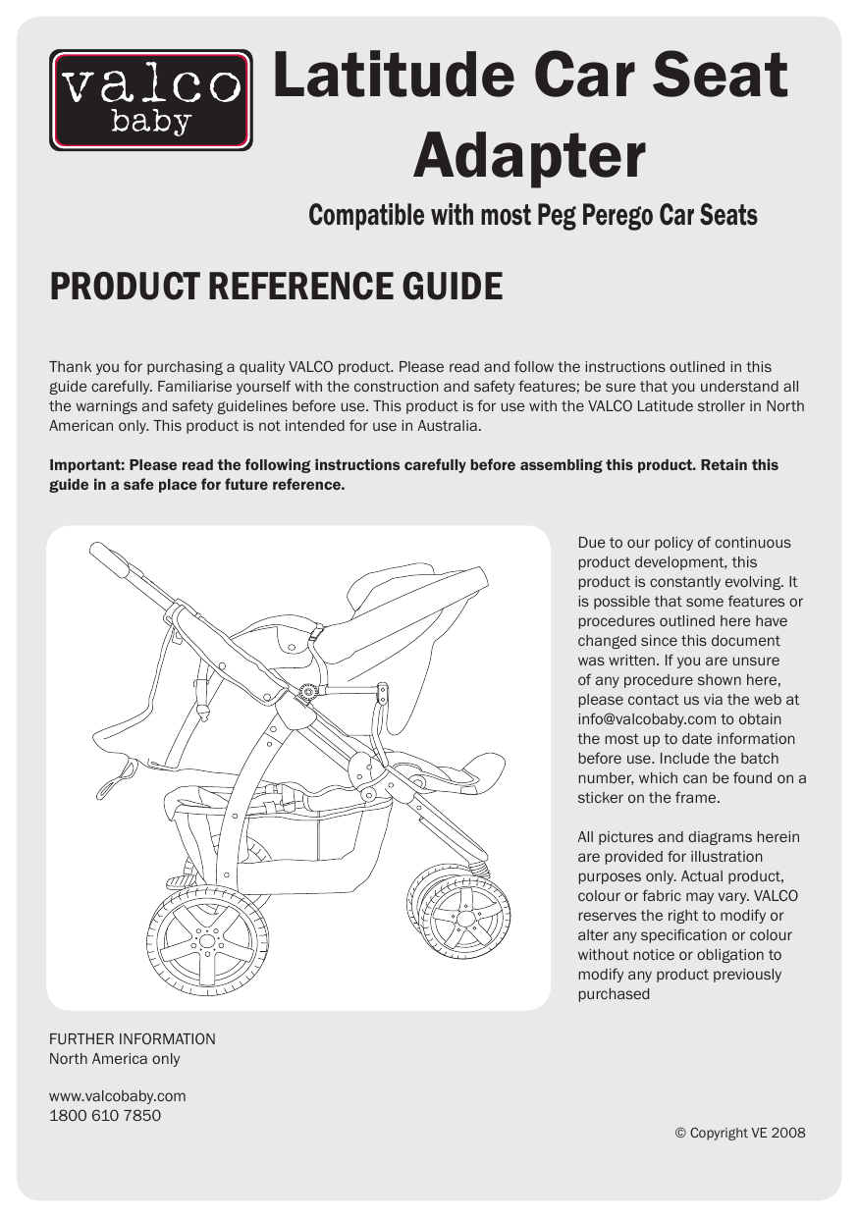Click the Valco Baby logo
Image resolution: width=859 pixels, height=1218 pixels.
pyautogui.click(x=150, y=100)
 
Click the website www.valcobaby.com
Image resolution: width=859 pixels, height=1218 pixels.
pyautogui.click(x=117, y=1095)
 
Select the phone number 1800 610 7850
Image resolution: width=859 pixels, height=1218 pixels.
pyautogui.click(x=105, y=1115)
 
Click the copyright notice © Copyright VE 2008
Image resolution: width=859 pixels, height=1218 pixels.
pyautogui.click(x=739, y=1133)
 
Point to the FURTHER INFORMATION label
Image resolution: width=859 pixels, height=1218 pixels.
pyautogui.click(x=133, y=1038)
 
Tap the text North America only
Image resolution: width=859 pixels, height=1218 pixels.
pyautogui.click(x=114, y=1058)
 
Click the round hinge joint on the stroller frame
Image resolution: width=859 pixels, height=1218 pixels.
pyautogui.click(x=308, y=692)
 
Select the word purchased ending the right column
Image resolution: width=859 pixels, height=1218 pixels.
pyautogui.click(x=614, y=994)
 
